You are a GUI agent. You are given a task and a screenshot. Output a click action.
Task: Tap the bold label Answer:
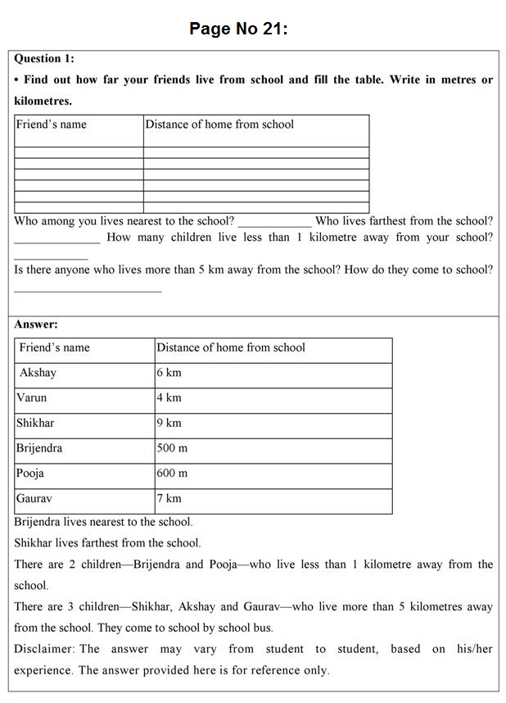pyautogui.click(x=36, y=324)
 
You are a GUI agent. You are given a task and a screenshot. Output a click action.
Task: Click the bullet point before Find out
pyautogui.click(x=17, y=80)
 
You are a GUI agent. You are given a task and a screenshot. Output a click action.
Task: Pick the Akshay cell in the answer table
pyautogui.click(x=38, y=373)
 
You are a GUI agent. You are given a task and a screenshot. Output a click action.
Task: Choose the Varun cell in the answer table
pyautogui.click(x=32, y=398)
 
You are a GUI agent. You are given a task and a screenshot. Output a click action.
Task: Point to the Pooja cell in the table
pyautogui.click(x=30, y=474)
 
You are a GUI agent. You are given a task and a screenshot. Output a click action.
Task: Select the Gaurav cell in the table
pyautogui.click(x=34, y=498)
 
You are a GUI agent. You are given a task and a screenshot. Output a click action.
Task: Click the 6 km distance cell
pyautogui.click(x=169, y=373)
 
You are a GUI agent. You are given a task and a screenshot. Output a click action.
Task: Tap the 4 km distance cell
pyautogui.click(x=169, y=398)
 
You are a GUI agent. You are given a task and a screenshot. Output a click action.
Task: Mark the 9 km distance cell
pyautogui.click(x=169, y=424)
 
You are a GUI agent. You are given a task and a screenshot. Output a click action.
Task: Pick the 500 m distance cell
pyautogui.click(x=173, y=448)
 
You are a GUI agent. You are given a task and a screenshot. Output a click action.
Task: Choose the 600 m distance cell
pyautogui.click(x=173, y=474)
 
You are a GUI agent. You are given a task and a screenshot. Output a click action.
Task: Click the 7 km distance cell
pyautogui.click(x=169, y=498)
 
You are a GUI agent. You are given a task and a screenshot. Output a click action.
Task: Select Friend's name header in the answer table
pyautogui.click(x=55, y=347)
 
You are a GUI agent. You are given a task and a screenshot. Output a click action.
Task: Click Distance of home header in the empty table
pyautogui.click(x=219, y=125)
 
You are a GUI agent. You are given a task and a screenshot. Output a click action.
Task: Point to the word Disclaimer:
pyautogui.click(x=45, y=649)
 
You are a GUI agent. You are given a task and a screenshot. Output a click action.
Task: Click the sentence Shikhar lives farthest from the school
pyautogui.click(x=107, y=542)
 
